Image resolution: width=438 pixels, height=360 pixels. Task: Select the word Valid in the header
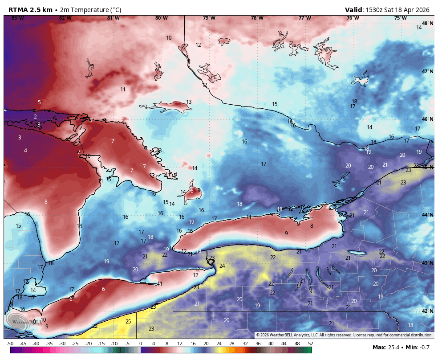(x=354, y=10)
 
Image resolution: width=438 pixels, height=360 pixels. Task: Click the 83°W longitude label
(x=17, y=18)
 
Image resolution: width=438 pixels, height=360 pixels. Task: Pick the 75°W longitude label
(x=400, y=18)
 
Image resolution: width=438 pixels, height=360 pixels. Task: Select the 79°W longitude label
(x=209, y=18)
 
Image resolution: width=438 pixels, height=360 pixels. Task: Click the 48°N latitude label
(x=427, y=23)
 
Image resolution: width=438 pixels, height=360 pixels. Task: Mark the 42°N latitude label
(x=427, y=311)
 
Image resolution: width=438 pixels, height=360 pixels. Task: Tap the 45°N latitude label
(x=427, y=167)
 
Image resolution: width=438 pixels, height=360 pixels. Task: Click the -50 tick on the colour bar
(x=10, y=344)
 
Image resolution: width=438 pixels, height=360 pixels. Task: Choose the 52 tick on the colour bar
(x=310, y=344)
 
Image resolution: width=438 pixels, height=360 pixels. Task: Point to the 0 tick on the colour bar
(x=141, y=344)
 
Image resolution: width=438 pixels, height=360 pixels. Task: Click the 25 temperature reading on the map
(x=128, y=321)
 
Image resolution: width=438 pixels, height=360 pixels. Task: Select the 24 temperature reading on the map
(x=222, y=266)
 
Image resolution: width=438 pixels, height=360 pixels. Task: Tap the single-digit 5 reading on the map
(x=39, y=102)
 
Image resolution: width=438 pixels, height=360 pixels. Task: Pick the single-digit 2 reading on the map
(x=35, y=117)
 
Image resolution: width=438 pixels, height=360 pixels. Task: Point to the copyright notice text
(x=344, y=335)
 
